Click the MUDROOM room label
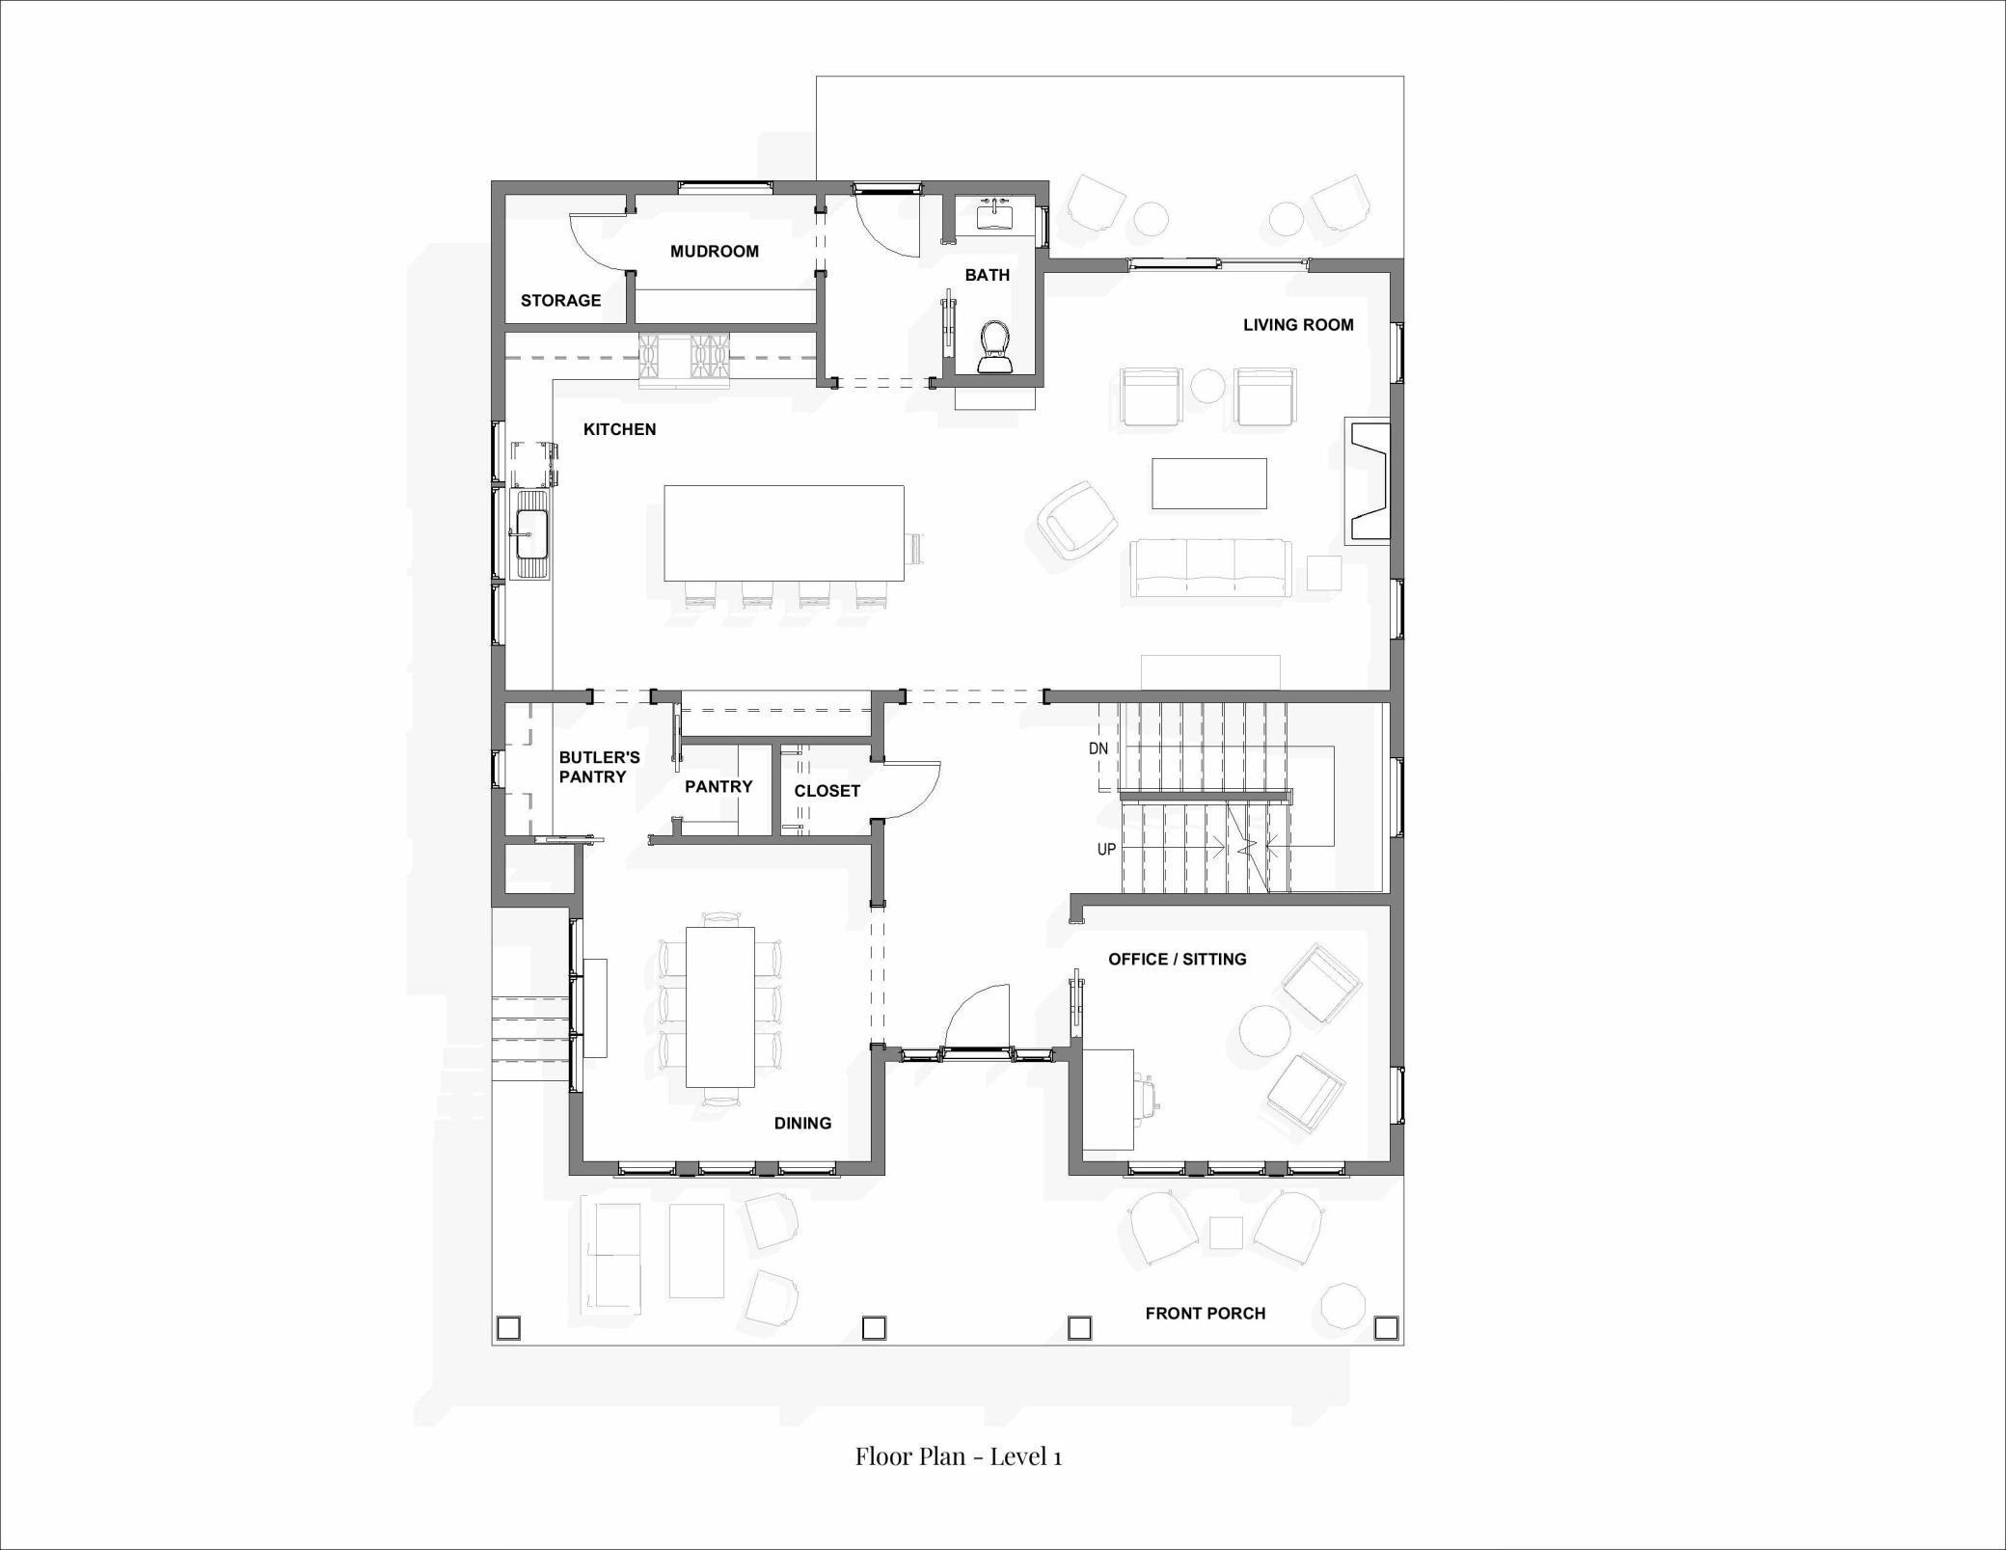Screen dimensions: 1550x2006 [x=714, y=252]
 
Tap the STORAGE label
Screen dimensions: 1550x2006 [x=560, y=301]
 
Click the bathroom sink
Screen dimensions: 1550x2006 [x=993, y=215]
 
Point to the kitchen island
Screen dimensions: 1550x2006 [x=783, y=532]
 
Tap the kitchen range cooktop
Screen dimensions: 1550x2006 [x=685, y=359]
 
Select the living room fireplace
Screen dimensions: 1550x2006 [x=1369, y=480]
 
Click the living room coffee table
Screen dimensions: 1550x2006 [x=1208, y=483]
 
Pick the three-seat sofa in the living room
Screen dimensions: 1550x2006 [x=1210, y=568]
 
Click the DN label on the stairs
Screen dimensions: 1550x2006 [x=1098, y=748]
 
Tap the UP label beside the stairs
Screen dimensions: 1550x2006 [x=1106, y=850]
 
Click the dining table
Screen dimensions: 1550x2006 [x=719, y=1006]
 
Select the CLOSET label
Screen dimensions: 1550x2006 [x=827, y=791]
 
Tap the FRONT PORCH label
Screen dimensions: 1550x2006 [x=1205, y=1313]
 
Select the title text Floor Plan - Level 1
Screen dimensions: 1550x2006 [x=958, y=1456]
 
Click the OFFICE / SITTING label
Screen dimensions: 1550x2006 [x=1177, y=959]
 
